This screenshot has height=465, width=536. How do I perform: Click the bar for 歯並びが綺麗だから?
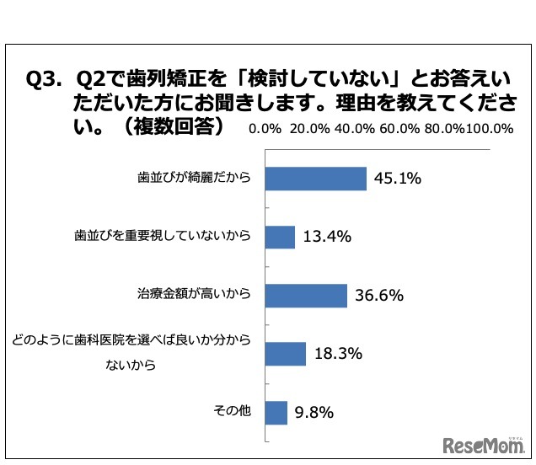[316, 179]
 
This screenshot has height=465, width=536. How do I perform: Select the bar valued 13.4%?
[281, 237]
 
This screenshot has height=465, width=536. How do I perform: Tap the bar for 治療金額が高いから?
[307, 295]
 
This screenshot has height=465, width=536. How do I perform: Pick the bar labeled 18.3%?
[286, 354]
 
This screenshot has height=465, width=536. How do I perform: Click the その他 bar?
[276, 412]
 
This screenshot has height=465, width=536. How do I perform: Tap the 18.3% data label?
[337, 354]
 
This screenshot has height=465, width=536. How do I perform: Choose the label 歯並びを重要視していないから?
[163, 237]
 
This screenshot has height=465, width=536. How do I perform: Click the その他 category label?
[233, 412]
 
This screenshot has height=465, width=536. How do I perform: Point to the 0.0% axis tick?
[265, 129]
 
